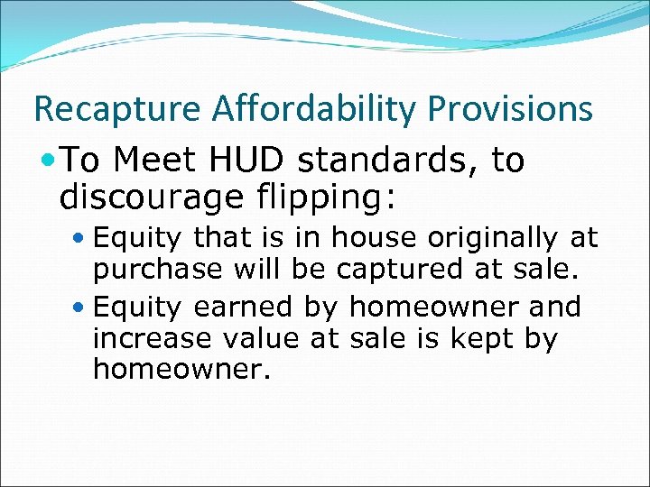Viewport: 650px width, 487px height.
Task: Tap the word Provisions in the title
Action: pyautogui.click(x=511, y=109)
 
